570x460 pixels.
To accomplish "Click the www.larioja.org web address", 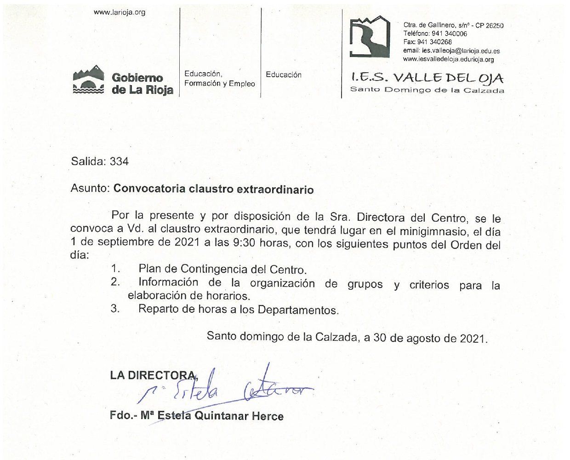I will coord(120,12).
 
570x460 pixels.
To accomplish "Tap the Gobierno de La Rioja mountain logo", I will coord(89,80).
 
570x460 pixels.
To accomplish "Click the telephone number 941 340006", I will coord(450,34).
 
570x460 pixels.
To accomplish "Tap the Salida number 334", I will coord(119,161).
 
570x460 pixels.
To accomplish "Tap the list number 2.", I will coord(115,282).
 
